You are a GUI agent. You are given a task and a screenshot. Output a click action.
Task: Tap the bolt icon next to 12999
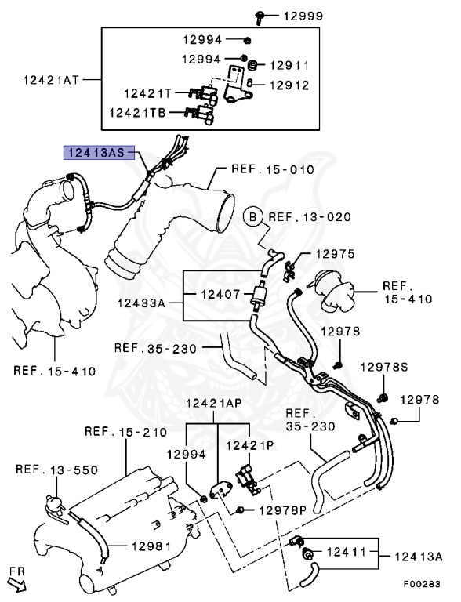coord(260,17)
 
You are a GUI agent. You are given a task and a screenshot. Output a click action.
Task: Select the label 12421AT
coord(51,80)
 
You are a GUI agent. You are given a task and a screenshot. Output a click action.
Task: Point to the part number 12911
coord(289,66)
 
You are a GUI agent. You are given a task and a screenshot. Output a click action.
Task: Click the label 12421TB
coord(137,113)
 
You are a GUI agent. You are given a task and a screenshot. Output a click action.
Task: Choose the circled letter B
coord(252,217)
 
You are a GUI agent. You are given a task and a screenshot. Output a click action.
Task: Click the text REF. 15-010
coord(273,169)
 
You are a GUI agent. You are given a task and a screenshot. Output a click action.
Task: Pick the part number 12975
coord(335,254)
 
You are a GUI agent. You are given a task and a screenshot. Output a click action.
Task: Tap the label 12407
coord(221,295)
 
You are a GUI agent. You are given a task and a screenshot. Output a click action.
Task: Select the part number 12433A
coord(141,303)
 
